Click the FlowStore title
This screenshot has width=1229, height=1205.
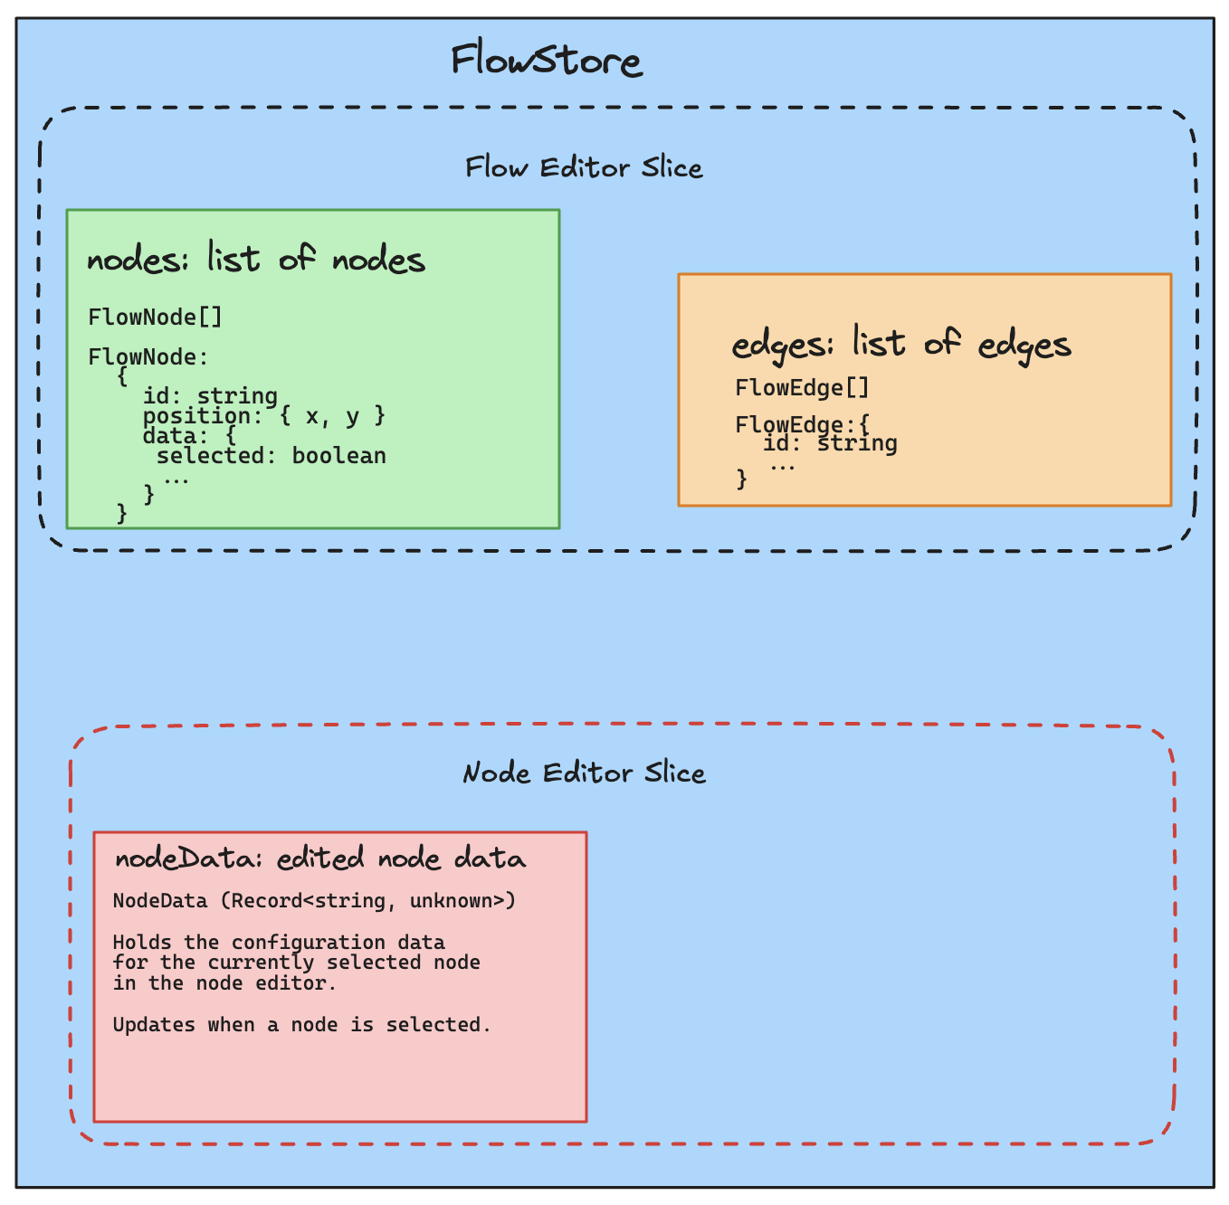click(547, 62)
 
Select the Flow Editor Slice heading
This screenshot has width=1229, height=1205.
click(584, 168)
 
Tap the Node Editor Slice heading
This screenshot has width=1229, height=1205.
click(584, 773)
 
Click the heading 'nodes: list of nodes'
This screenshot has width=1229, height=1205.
click(256, 261)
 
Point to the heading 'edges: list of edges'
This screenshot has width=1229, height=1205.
click(901, 345)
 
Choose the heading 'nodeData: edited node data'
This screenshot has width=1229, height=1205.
click(320, 859)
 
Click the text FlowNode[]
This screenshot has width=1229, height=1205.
click(155, 318)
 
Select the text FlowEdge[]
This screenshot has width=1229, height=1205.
click(802, 388)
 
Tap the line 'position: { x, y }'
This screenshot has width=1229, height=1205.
click(264, 416)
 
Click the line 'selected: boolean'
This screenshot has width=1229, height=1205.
click(272, 456)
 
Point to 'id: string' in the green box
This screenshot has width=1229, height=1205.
click(210, 396)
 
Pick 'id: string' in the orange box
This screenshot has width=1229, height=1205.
click(830, 443)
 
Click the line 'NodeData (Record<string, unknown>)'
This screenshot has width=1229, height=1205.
click(314, 901)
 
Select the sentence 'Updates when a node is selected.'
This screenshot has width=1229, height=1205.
click(302, 1025)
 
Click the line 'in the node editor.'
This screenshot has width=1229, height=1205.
click(224, 983)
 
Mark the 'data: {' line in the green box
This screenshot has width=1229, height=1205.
click(189, 436)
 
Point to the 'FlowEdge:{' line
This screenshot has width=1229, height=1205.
click(802, 424)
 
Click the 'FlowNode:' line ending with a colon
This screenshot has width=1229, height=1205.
click(148, 357)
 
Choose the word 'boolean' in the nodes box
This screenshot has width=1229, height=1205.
click(338, 456)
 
